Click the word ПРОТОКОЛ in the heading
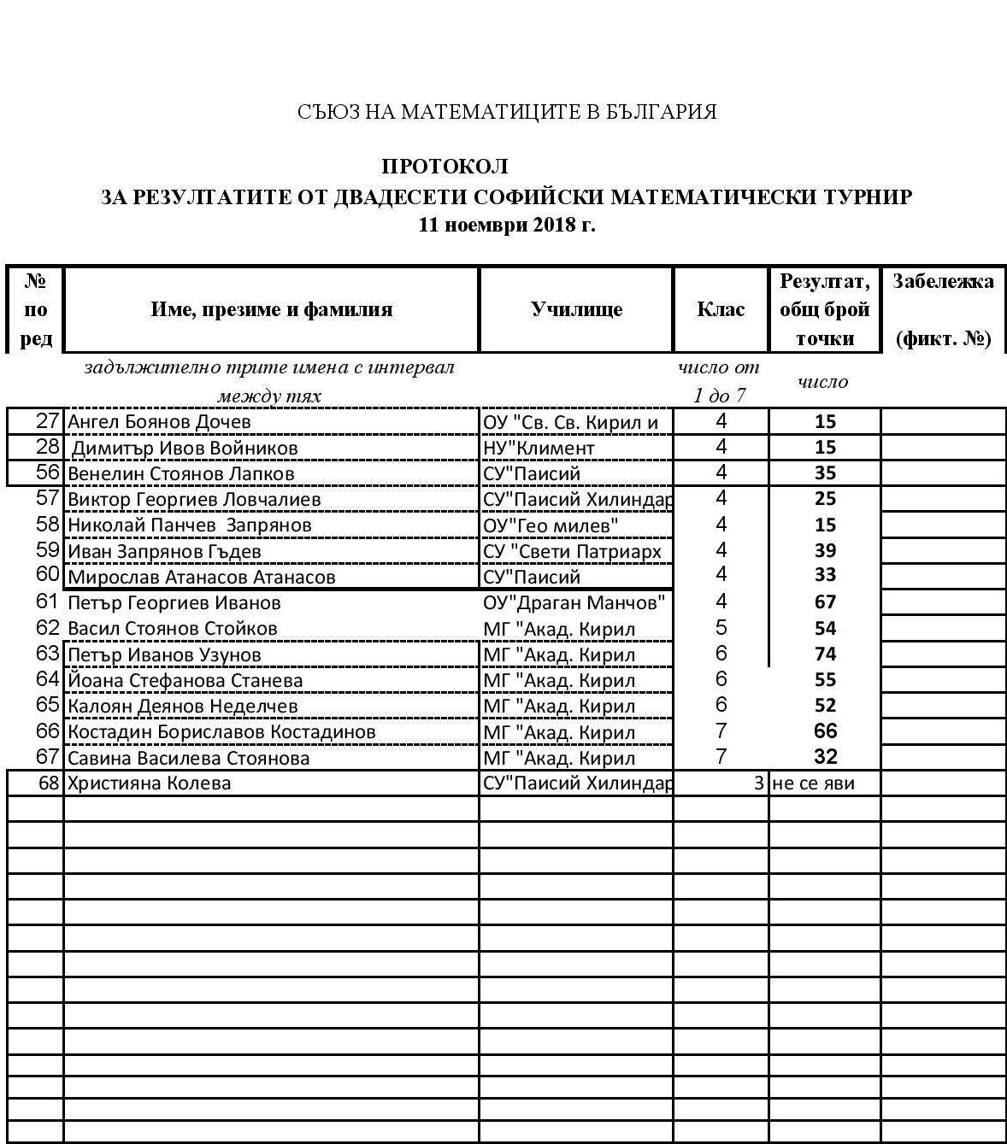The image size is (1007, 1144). pyautogui.click(x=445, y=167)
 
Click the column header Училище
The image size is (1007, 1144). pyautogui.click(x=576, y=309)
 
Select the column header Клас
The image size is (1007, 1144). pyautogui.click(x=721, y=309)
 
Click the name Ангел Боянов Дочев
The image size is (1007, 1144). pyautogui.click(x=159, y=422)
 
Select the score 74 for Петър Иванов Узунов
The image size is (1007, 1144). pyautogui.click(x=825, y=654)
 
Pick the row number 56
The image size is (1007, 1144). pyautogui.click(x=48, y=472)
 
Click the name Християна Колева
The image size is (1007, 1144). pyautogui.click(x=150, y=783)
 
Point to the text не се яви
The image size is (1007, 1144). pyautogui.click(x=813, y=783)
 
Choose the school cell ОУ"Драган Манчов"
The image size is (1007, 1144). pyautogui.click(x=574, y=603)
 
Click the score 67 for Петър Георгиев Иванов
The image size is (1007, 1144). pyautogui.click(x=825, y=602)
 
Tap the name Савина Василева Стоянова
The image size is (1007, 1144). pyautogui.click(x=189, y=759)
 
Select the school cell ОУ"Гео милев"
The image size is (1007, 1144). pyautogui.click(x=551, y=525)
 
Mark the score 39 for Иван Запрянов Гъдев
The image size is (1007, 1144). pyautogui.click(x=825, y=551)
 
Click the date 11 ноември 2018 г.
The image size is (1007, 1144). pyautogui.click(x=506, y=226)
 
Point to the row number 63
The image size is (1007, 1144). pyautogui.click(x=48, y=654)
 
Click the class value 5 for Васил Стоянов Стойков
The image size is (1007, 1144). pyautogui.click(x=721, y=628)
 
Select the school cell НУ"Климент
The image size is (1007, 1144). pyautogui.click(x=539, y=448)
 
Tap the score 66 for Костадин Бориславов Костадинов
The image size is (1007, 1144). pyautogui.click(x=825, y=731)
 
